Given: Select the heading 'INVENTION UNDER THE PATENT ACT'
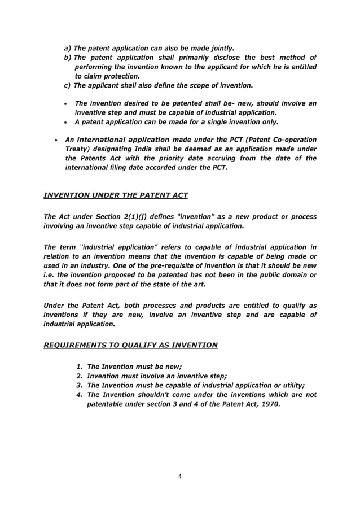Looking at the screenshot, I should click(116, 195).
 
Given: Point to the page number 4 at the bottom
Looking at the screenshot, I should click(179, 477).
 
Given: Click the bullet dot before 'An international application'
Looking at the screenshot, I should click(52, 140).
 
